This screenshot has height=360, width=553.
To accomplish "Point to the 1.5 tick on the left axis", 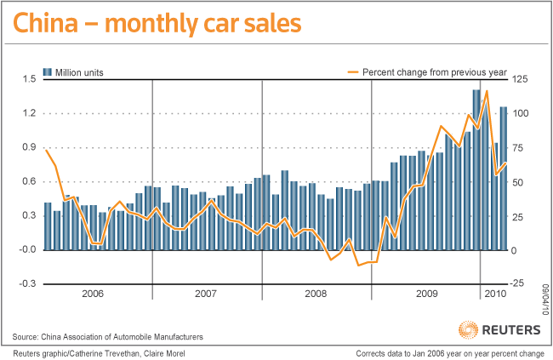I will coord(29,79).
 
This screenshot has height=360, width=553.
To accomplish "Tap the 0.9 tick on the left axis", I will coord(29,147).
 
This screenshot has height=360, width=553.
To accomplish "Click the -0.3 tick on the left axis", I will coord(28,283).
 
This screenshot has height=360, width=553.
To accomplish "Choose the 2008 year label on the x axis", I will coord(315,293).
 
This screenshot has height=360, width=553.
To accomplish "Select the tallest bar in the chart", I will coord(476,169).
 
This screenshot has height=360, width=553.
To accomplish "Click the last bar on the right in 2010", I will coord(504,178).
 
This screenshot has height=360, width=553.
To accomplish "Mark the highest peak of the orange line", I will coord(487,91).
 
